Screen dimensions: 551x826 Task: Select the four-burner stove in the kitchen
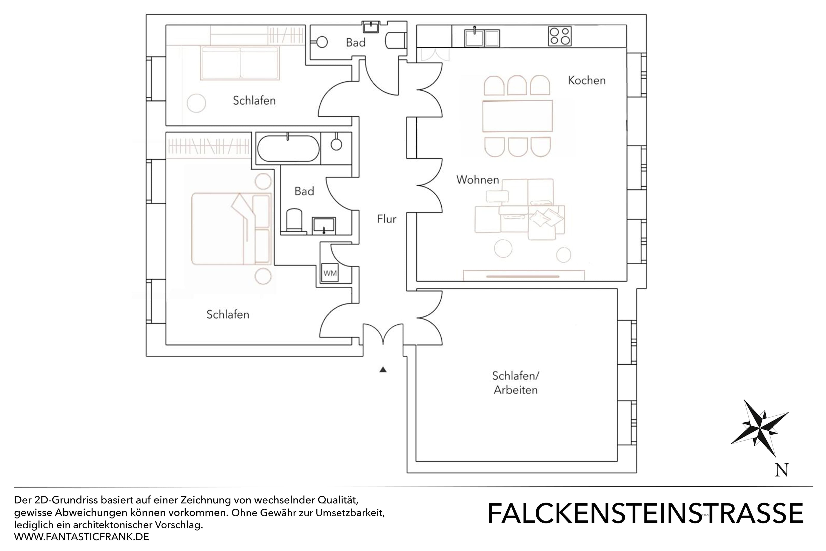pyautogui.click(x=559, y=36)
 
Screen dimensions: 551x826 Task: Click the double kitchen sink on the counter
pyautogui.click(x=482, y=38)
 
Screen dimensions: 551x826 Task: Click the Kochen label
pyautogui.click(x=587, y=80)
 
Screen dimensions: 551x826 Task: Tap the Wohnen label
pyautogui.click(x=477, y=180)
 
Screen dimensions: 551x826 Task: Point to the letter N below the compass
pyautogui.click(x=781, y=470)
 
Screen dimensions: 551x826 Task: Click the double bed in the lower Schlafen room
pyautogui.click(x=231, y=228)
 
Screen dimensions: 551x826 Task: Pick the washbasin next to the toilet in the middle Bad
pyautogui.click(x=324, y=226)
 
